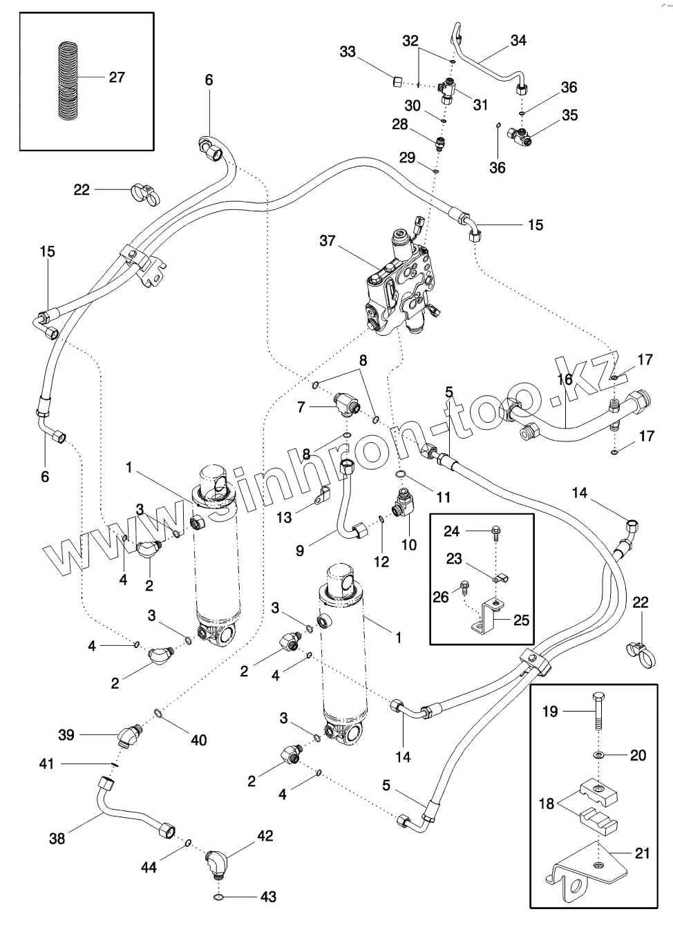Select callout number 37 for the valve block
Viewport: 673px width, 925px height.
(328, 241)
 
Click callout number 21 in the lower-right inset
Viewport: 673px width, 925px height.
(642, 854)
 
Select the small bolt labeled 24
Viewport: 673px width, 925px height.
(495, 531)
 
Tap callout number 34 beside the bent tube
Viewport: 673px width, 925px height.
(518, 41)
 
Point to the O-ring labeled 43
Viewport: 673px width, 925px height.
(218, 897)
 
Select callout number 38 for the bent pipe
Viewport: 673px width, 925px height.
(57, 838)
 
